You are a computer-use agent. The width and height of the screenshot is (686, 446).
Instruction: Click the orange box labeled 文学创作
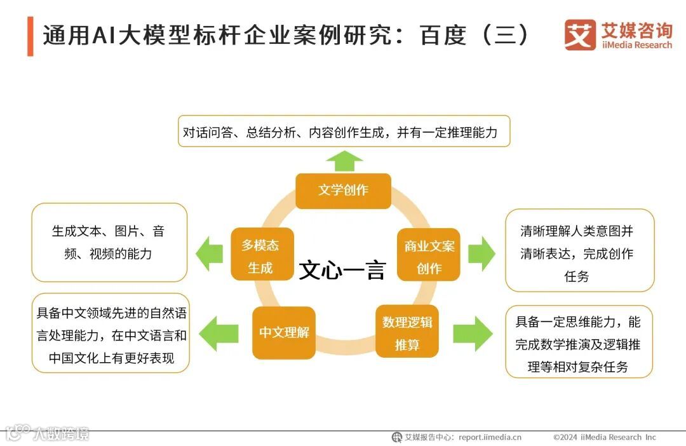click(x=343, y=190)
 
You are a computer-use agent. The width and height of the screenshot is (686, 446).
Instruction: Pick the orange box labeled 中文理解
click(x=283, y=332)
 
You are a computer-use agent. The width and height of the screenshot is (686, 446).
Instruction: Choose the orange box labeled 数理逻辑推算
click(x=407, y=332)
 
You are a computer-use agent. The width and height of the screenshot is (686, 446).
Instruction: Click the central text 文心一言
click(x=342, y=270)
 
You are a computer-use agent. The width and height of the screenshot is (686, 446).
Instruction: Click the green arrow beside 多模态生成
click(x=209, y=253)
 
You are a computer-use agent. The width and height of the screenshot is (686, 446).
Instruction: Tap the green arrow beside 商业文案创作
click(x=481, y=253)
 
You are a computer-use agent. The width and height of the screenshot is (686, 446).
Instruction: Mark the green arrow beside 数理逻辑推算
click(x=472, y=333)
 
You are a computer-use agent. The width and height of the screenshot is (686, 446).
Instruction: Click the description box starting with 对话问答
click(x=344, y=132)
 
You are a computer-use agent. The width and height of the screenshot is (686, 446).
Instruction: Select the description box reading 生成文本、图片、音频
click(x=109, y=243)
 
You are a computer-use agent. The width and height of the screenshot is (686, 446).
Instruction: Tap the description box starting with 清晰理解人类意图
click(x=579, y=252)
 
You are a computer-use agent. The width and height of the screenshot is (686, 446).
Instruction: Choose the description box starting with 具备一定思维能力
click(x=579, y=343)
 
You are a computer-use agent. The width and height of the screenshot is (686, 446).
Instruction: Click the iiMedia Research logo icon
click(x=579, y=35)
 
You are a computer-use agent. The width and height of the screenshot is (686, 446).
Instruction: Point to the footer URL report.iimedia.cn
click(x=489, y=437)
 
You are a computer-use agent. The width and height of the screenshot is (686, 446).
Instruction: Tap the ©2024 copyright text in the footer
click(x=604, y=437)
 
